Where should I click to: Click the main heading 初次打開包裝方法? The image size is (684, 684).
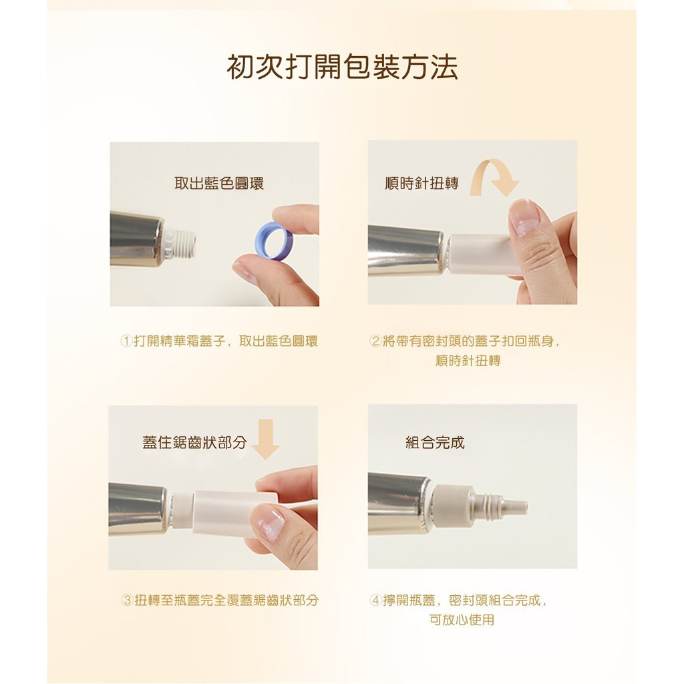[342, 67]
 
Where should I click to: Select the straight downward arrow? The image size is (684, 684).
[266, 440]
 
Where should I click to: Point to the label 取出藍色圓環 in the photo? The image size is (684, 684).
[219, 183]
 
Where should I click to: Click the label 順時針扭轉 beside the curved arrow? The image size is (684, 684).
[422, 183]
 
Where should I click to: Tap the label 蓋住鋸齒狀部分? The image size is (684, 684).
[194, 442]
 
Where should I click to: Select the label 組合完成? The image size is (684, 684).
[435, 442]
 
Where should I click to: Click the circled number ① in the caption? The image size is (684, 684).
[126, 341]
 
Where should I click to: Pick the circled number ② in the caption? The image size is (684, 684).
[375, 341]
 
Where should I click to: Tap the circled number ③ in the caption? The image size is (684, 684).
[127, 601]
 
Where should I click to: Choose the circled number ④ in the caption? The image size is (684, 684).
[375, 601]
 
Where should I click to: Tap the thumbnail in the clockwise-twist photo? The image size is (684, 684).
[524, 217]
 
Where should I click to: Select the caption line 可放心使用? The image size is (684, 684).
[462, 620]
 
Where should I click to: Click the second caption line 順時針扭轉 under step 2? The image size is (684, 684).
[468, 361]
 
